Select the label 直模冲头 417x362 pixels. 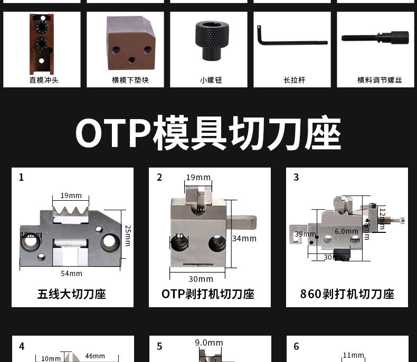pos(42,80)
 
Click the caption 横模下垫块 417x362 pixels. pos(125,80)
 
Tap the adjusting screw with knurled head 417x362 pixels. pos(375,38)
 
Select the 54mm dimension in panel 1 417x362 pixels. pos(71,273)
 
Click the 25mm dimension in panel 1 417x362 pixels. pos(127,236)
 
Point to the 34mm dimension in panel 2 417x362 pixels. pos(244,239)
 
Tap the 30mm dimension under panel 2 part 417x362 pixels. pos(201,279)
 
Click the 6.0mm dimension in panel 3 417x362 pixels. pos(346,231)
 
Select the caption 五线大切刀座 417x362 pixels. pos(72,294)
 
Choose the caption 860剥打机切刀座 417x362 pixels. pos(347,294)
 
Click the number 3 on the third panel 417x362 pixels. pos(296,178)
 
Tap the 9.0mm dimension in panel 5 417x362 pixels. pos(209,343)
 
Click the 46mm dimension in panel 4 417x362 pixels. pos(95,356)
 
